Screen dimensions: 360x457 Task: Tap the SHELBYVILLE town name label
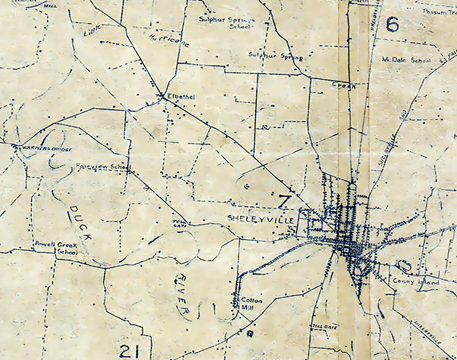point(260,218)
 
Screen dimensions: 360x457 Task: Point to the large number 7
point(285,201)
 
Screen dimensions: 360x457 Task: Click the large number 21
point(129,351)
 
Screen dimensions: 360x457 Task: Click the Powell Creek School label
point(56,247)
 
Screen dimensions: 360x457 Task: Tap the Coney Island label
point(416,281)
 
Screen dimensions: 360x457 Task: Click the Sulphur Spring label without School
point(276,56)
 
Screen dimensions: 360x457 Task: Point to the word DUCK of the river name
point(81,224)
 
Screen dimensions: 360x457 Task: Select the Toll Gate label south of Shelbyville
point(324,326)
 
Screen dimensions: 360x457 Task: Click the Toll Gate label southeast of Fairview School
point(177,223)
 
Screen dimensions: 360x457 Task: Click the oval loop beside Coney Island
point(404,266)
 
